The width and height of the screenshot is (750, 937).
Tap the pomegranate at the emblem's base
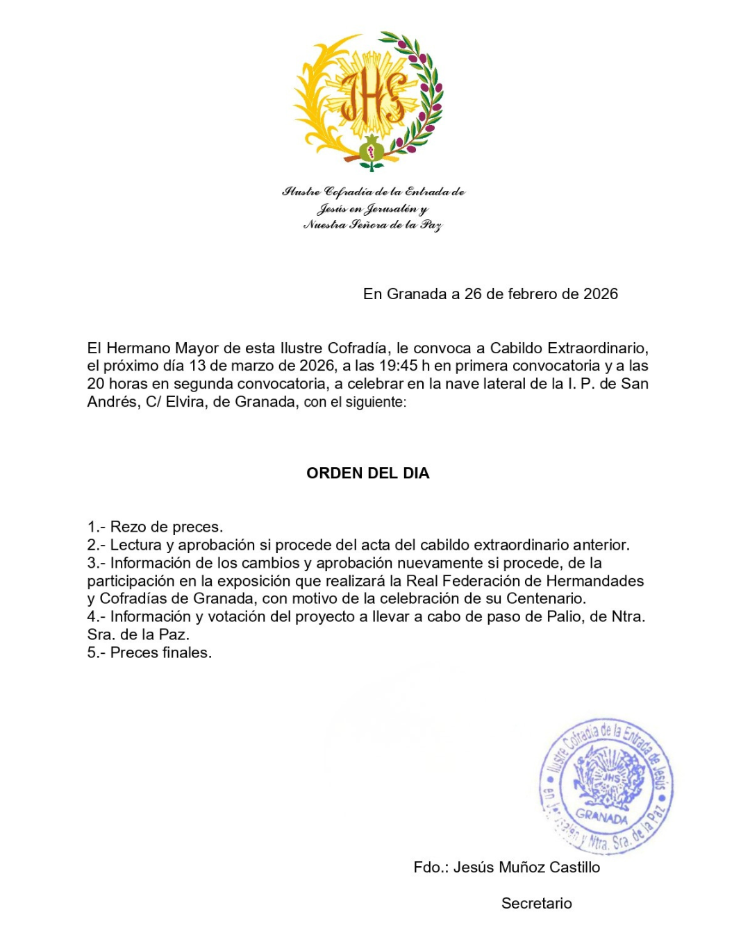pyautogui.click(x=372, y=149)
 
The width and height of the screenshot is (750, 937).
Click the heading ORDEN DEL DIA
pyautogui.click(x=368, y=473)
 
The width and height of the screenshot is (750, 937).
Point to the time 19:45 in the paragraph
pyautogui.click(x=398, y=366)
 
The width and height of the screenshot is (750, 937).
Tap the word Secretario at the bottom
pyautogui.click(x=537, y=903)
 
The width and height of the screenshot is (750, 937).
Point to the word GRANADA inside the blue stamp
pyautogui.click(x=601, y=817)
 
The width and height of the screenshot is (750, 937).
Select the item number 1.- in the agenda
pyautogui.click(x=97, y=527)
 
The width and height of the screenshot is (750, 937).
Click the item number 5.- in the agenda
pyautogui.click(x=97, y=652)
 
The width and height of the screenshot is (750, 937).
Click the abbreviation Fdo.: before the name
pyautogui.click(x=431, y=867)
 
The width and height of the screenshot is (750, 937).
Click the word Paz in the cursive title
pyautogui.click(x=431, y=224)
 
